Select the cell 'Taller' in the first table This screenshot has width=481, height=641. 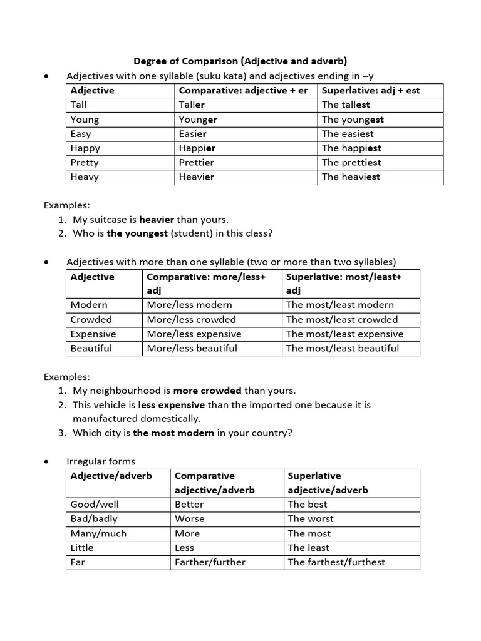[192, 105]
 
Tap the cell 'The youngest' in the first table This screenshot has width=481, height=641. [353, 119]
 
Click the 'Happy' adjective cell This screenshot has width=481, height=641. [85, 148]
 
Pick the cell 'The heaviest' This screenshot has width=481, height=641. [351, 177]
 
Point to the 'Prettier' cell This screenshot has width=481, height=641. [196, 162]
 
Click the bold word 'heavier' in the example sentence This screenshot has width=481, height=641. [157, 219]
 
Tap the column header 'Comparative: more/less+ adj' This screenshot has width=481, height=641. [206, 283]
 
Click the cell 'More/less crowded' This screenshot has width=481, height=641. [191, 319]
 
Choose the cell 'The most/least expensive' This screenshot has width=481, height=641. [344, 334]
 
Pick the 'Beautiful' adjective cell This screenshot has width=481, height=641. [91, 348]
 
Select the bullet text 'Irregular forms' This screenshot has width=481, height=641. [101, 461]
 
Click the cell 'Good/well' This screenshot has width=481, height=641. [95, 504]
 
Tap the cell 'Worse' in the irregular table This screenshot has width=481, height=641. [190, 518]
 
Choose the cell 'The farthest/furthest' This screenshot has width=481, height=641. [336, 562]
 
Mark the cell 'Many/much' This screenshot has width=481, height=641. [98, 533]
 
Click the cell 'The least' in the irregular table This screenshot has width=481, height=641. [309, 547]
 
